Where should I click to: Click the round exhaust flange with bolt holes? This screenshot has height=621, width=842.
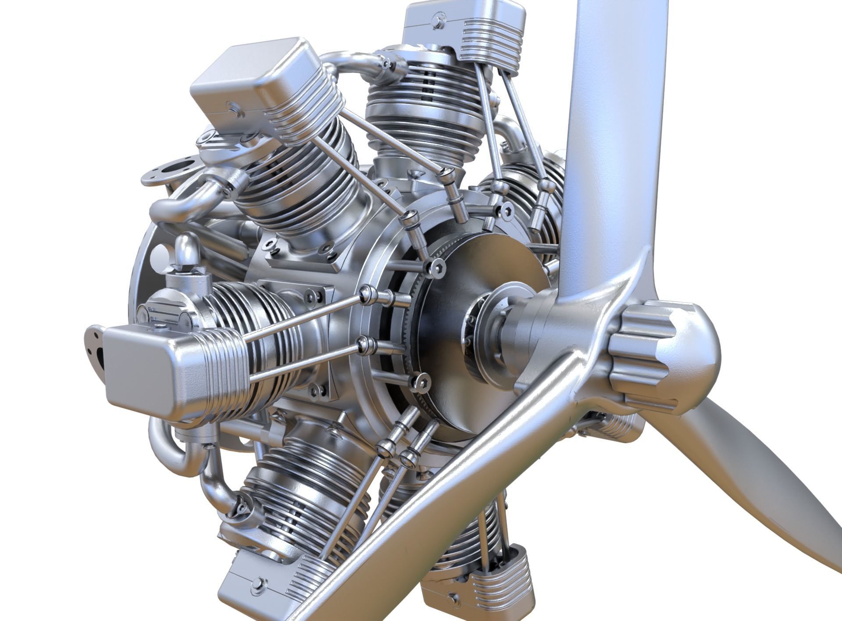coord(169,173)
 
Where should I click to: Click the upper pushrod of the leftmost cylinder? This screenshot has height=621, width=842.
coord(303,318)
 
